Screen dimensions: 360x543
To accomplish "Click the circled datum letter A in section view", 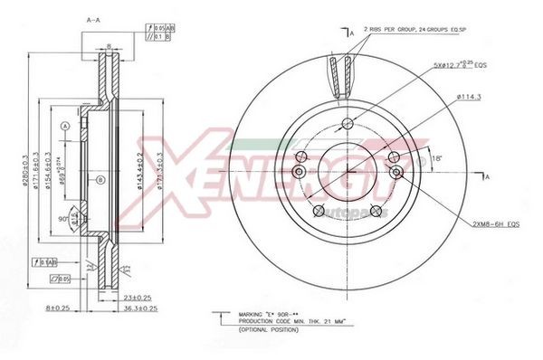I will click(64, 128).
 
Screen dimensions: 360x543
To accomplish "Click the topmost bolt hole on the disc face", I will click(347, 124).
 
